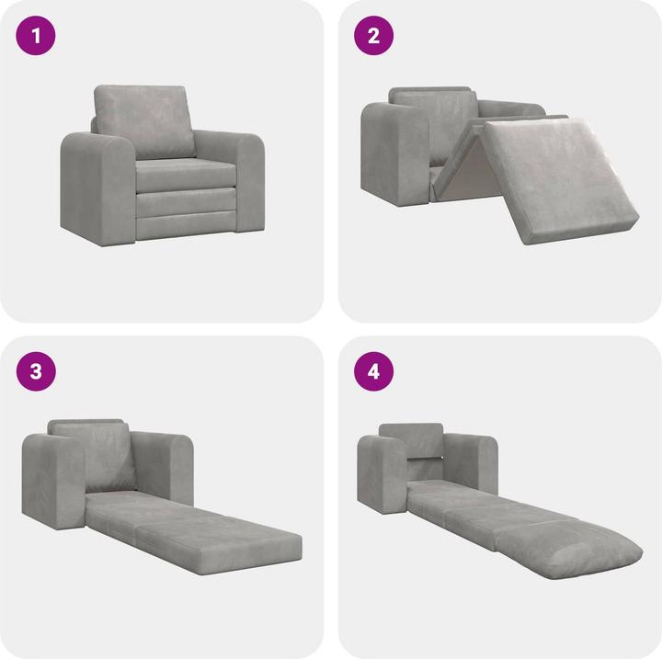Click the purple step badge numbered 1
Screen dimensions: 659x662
tap(37, 37)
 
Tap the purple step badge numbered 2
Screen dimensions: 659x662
tap(374, 37)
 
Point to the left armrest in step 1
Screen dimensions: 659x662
tap(92, 184)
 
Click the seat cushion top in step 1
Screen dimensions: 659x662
tap(179, 167)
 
